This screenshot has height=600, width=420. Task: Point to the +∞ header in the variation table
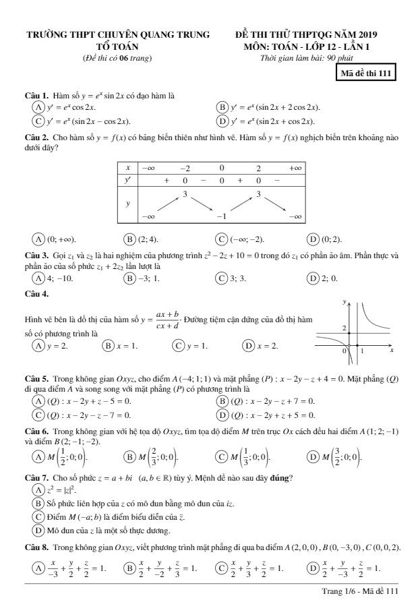pos(295,167)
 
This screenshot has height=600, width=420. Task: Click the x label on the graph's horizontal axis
pos(392,351)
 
